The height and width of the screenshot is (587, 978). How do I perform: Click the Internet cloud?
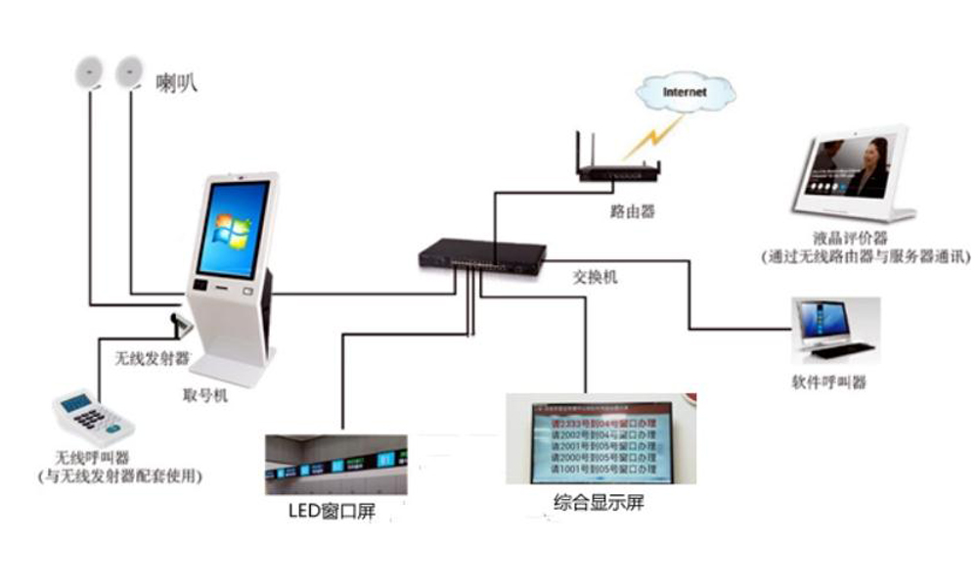click(x=684, y=94)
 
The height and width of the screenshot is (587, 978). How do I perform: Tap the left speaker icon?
click(x=89, y=70)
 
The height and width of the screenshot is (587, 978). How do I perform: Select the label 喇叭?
click(x=177, y=82)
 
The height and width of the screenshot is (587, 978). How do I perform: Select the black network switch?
click(x=481, y=256)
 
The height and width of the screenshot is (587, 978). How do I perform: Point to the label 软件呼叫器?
click(x=829, y=382)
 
